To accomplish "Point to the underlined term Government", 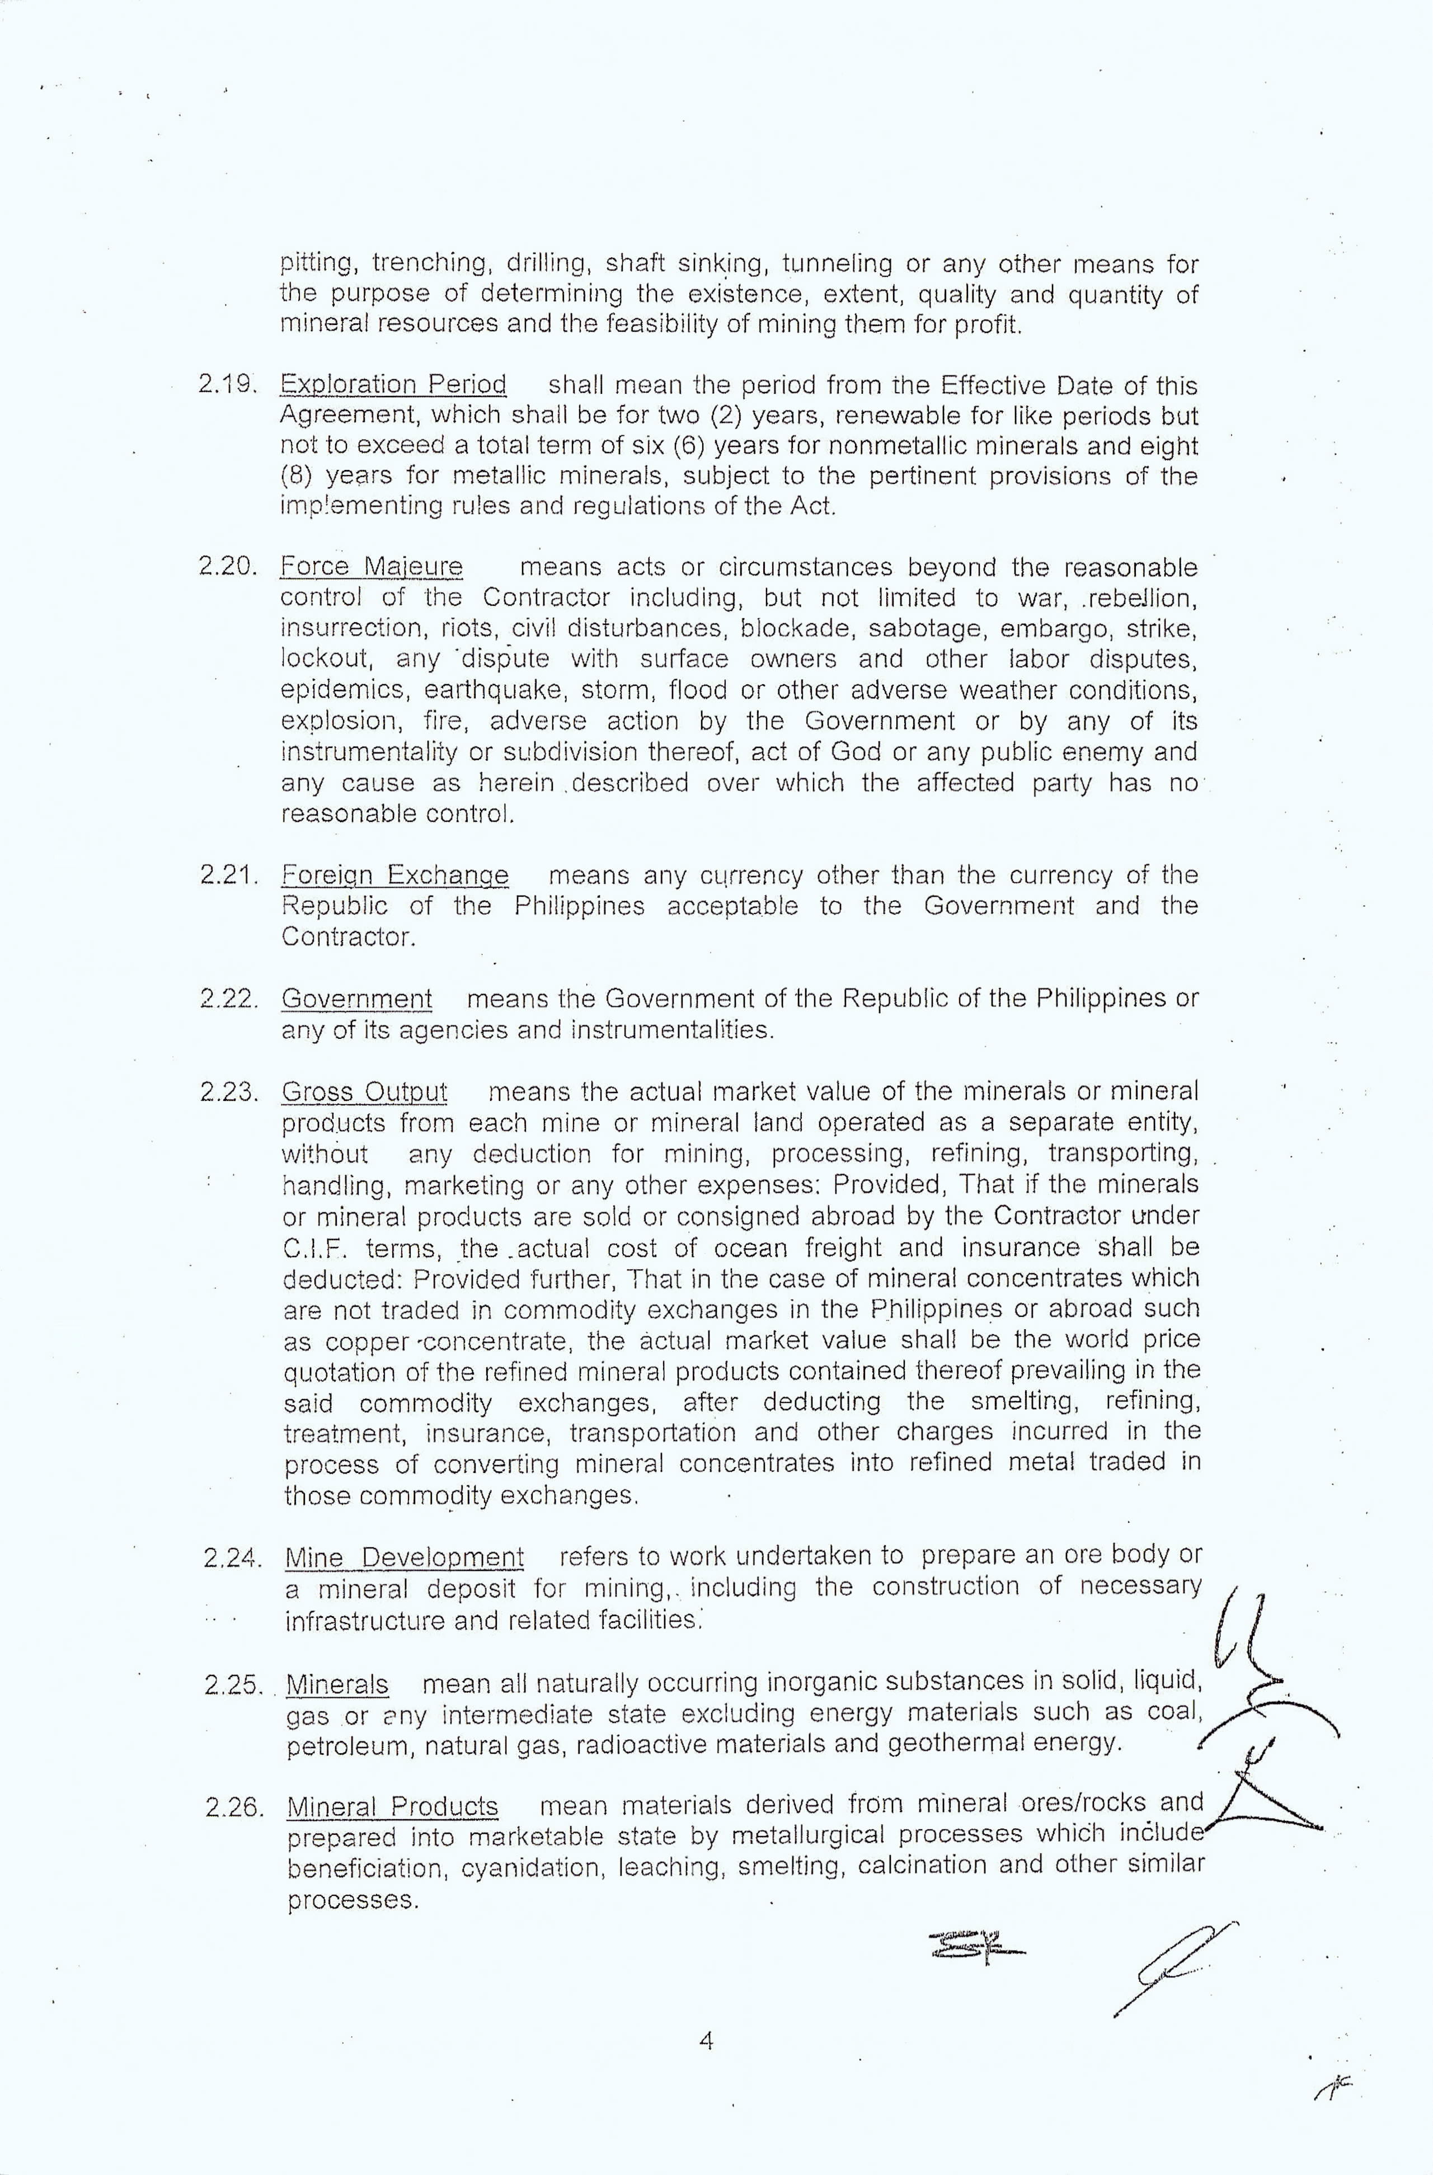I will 356,999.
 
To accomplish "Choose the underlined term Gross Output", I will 365,1092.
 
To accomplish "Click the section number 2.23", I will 228,1092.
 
